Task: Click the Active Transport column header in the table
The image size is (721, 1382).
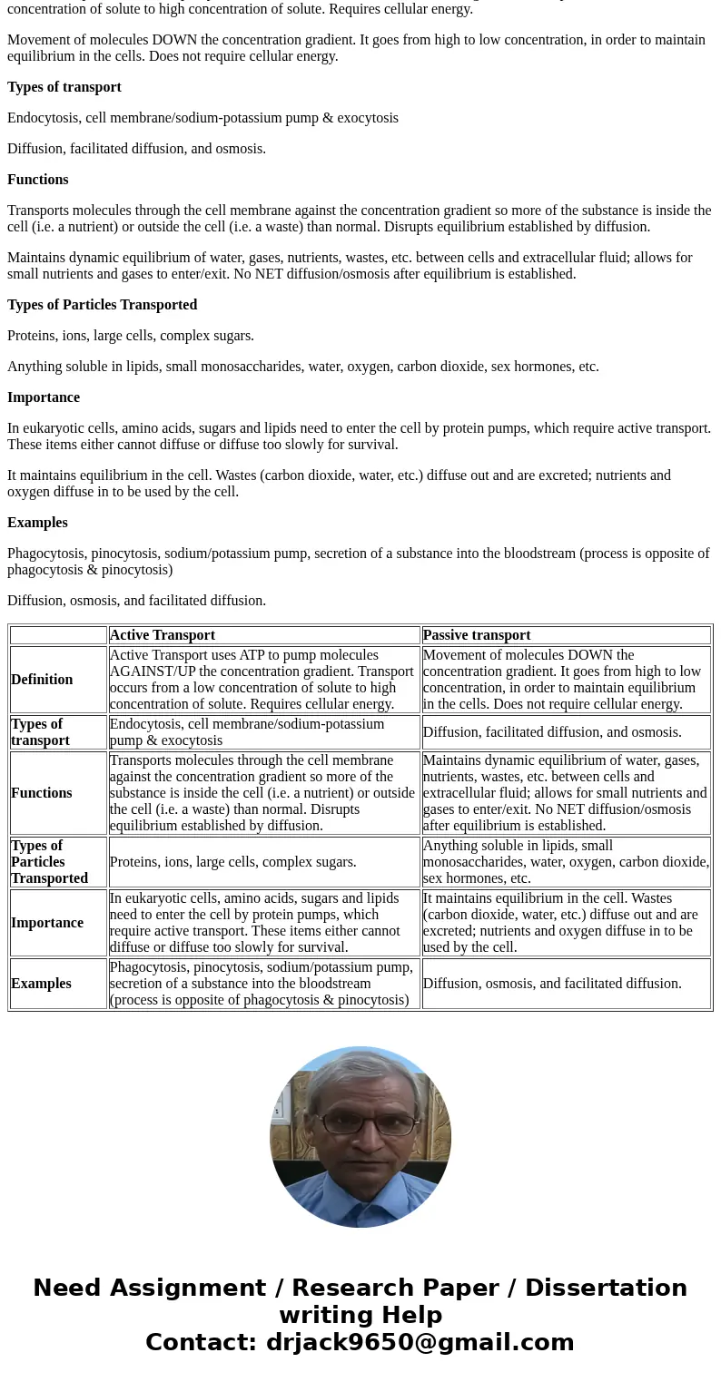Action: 163,635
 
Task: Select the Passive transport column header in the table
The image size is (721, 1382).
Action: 477,635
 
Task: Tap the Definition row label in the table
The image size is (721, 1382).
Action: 42,680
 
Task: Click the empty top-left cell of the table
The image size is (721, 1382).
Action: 58,635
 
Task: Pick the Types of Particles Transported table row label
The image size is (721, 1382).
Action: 50,862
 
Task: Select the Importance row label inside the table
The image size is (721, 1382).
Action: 47,923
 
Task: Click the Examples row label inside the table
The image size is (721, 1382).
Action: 41,984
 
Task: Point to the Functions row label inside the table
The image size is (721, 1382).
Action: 42,793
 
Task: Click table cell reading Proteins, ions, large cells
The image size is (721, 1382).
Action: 233,862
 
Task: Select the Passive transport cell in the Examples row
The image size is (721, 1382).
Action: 552,984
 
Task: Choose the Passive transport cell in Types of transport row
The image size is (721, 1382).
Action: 552,732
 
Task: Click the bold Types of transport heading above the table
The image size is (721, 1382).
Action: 64,87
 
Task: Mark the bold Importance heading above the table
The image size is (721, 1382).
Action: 44,397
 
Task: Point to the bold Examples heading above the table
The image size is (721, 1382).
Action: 37,523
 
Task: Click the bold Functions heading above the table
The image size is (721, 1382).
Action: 38,180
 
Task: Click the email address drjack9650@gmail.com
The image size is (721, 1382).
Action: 420,1342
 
